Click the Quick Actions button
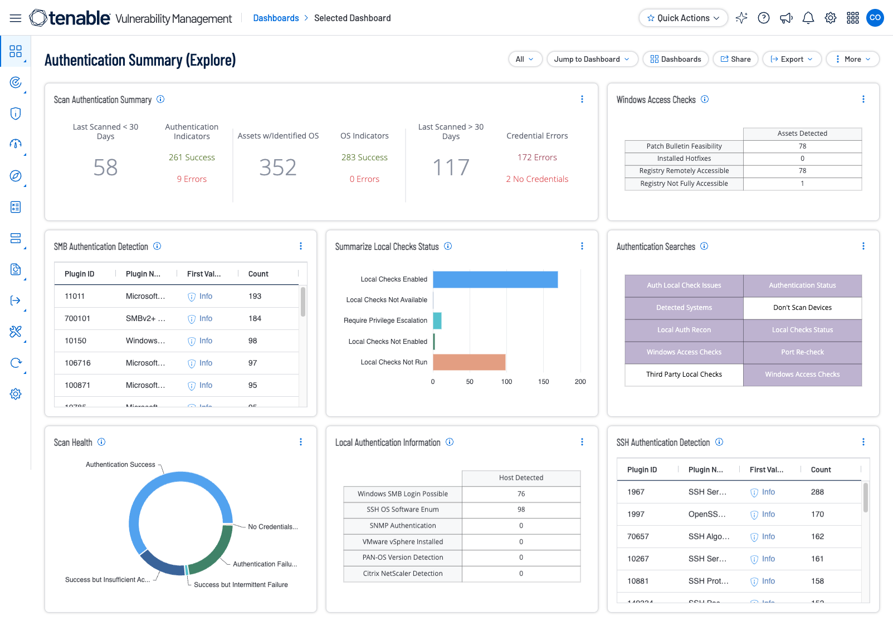(x=683, y=18)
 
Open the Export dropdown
(x=791, y=59)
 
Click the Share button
(x=735, y=59)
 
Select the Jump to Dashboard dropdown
(x=592, y=59)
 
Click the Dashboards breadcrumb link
(x=276, y=18)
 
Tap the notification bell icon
(x=808, y=18)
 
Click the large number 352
(x=277, y=167)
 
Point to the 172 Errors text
(x=537, y=157)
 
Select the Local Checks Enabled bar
(x=495, y=279)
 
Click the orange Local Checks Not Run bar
(x=469, y=362)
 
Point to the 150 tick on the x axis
(x=543, y=382)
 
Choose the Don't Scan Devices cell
(x=802, y=308)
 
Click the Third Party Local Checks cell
(x=684, y=374)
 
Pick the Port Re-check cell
(x=802, y=352)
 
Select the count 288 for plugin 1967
(x=817, y=492)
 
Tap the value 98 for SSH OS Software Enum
(x=521, y=510)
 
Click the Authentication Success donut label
(x=120, y=465)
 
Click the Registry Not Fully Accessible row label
(x=684, y=184)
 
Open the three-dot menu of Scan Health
(x=301, y=442)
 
